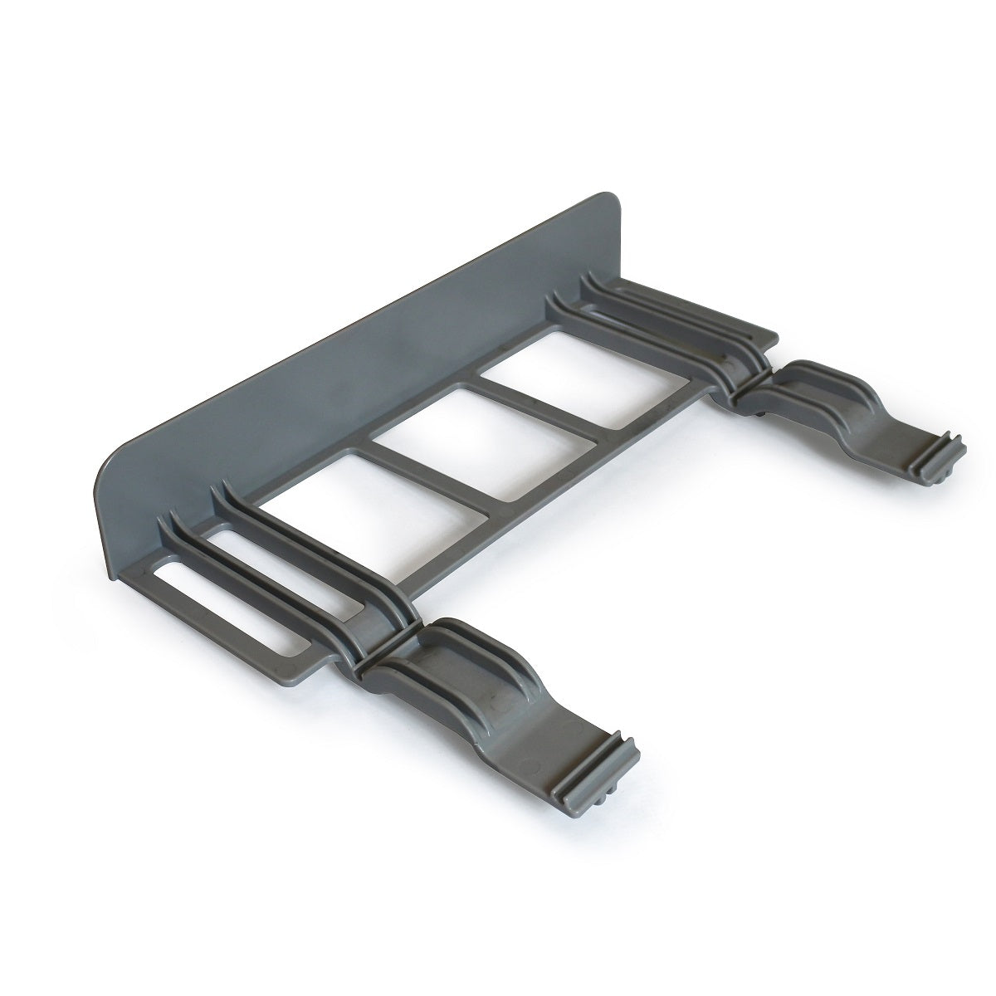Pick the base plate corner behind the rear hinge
(772, 336)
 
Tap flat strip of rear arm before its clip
(880, 432)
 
